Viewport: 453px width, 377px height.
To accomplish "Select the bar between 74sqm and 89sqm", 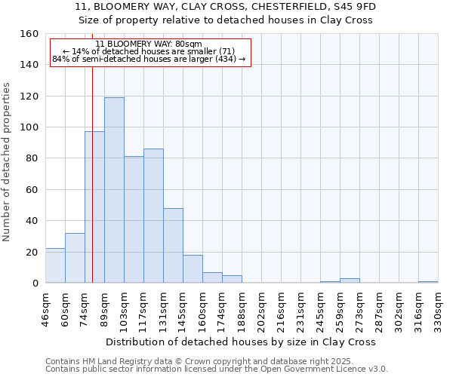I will pyautogui.click(x=94, y=207).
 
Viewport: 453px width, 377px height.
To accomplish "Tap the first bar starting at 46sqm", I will pyautogui.click(x=55, y=265).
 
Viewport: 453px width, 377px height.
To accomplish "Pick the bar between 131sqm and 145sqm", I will pyautogui.click(x=173, y=246).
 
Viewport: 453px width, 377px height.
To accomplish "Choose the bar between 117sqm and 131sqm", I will pyautogui.click(x=153, y=216).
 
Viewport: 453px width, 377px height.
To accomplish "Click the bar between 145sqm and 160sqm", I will pyautogui.click(x=193, y=269).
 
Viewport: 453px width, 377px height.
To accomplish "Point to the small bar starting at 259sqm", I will pyautogui.click(x=350, y=280).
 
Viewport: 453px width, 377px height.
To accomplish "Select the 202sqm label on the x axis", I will pyautogui.click(x=261, y=309).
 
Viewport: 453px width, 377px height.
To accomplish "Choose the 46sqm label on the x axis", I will pyautogui.click(x=46, y=309).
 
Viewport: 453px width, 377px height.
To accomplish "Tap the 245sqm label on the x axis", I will pyautogui.click(x=320, y=309).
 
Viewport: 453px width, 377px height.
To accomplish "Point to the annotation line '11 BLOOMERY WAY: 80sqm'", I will pyautogui.click(x=149, y=44).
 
